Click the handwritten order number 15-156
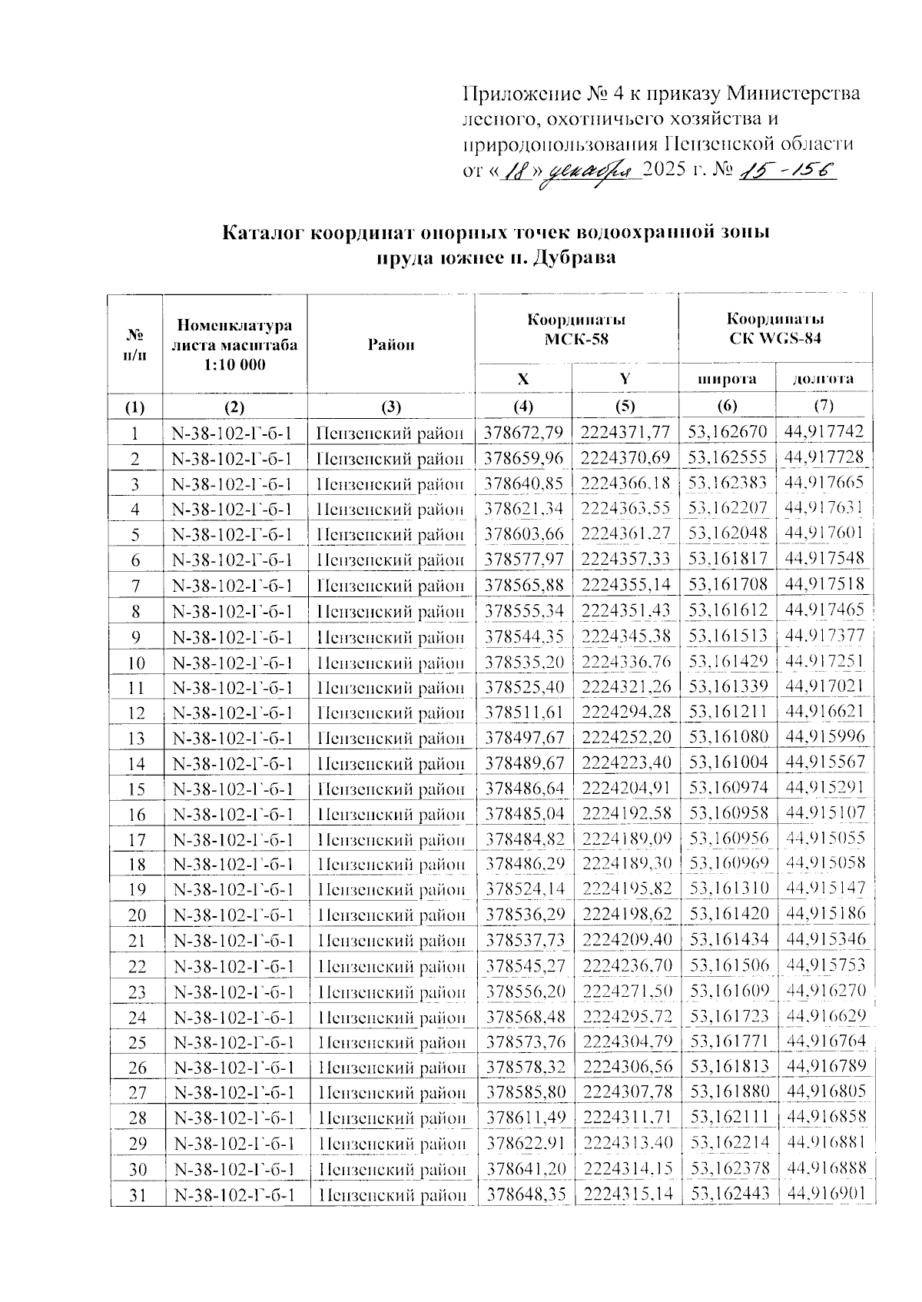pyautogui.click(x=785, y=171)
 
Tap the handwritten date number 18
pyautogui.click(x=512, y=171)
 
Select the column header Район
pyautogui.click(x=391, y=344)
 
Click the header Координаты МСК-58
pyautogui.click(x=576, y=328)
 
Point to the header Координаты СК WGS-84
pyautogui.click(x=776, y=328)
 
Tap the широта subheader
pyautogui.click(x=727, y=378)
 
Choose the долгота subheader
pyautogui.click(x=824, y=378)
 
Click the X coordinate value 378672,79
pyautogui.click(x=524, y=433)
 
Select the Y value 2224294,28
pyautogui.click(x=626, y=712)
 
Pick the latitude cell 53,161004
pyautogui.click(x=728, y=762)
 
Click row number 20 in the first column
pyautogui.click(x=137, y=915)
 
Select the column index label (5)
pyautogui.click(x=625, y=405)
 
